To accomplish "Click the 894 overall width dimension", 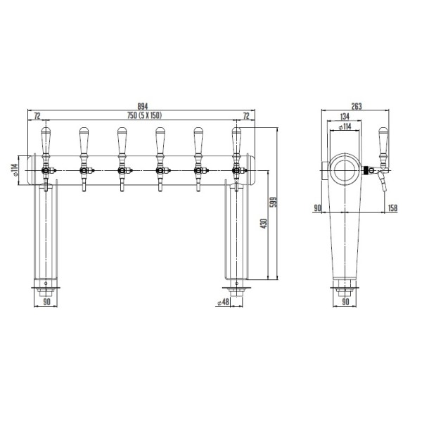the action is coord(143,106).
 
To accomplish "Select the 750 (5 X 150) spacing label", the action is coord(144,115).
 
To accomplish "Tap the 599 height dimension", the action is coord(274,203).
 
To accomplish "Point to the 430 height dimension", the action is coord(264,224).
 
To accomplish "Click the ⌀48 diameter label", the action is coord(223,302).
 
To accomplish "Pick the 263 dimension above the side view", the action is coord(357,106).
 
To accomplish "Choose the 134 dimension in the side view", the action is coord(345,117).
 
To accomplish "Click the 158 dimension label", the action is coord(392,207).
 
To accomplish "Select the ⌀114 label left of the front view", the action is coord(15,170).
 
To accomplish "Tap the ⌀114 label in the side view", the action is coord(345,127).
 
